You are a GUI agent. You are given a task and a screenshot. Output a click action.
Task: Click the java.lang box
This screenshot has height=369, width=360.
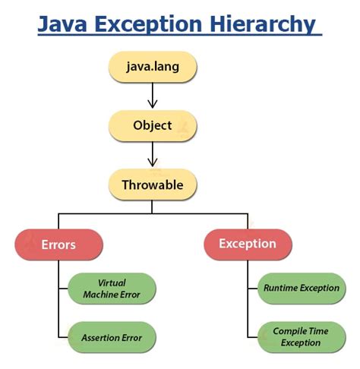coord(152,66)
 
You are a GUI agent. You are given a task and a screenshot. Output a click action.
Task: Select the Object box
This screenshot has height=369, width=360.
coord(152,125)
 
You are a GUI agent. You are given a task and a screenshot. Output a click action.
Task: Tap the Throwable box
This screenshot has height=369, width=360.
coord(152,184)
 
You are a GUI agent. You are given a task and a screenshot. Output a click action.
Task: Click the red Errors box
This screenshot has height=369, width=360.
coord(59,244)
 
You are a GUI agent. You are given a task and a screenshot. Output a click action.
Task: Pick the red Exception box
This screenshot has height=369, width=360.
coord(247,244)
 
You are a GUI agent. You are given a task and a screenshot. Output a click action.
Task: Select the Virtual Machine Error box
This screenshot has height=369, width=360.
coord(112,289)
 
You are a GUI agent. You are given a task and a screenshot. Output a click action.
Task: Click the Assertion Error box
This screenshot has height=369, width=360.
coord(112,336)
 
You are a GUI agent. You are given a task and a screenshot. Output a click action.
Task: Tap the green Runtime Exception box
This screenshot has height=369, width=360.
coord(301,289)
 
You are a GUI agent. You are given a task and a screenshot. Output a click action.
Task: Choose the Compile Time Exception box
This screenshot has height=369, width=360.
coord(301,336)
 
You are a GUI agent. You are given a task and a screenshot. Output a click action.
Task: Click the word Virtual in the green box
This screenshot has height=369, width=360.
coord(112,282)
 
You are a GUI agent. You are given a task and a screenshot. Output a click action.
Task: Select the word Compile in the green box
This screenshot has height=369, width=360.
coord(289,331)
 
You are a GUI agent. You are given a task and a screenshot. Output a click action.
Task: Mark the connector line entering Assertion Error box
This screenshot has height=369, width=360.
coord(64,336)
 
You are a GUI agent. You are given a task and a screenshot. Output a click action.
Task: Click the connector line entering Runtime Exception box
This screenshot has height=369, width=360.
coord(252,289)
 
